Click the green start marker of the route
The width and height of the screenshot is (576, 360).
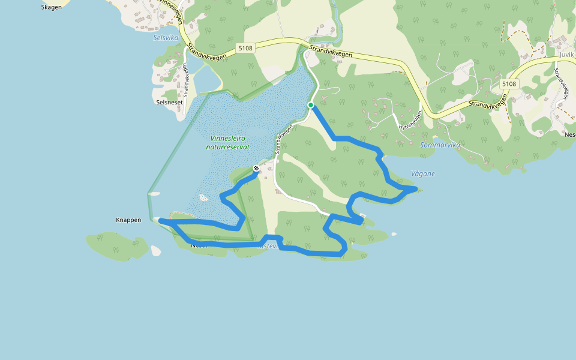(x=311, y=105)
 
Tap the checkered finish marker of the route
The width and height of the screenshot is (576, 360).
(x=256, y=169)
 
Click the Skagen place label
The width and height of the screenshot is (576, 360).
(x=51, y=7)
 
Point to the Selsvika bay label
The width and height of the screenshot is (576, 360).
(x=166, y=37)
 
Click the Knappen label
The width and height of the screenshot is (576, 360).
(x=128, y=220)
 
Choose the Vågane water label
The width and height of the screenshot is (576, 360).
(x=422, y=173)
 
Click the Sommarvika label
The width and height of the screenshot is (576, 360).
(x=440, y=145)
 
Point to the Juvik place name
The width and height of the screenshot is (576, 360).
(x=566, y=55)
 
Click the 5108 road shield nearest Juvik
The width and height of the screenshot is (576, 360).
(x=509, y=84)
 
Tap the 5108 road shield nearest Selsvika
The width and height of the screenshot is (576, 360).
(x=245, y=48)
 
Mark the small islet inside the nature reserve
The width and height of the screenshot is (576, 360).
(x=203, y=197)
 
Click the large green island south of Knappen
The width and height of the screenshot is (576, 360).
(x=117, y=246)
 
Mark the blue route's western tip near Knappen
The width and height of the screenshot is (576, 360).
(x=161, y=221)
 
